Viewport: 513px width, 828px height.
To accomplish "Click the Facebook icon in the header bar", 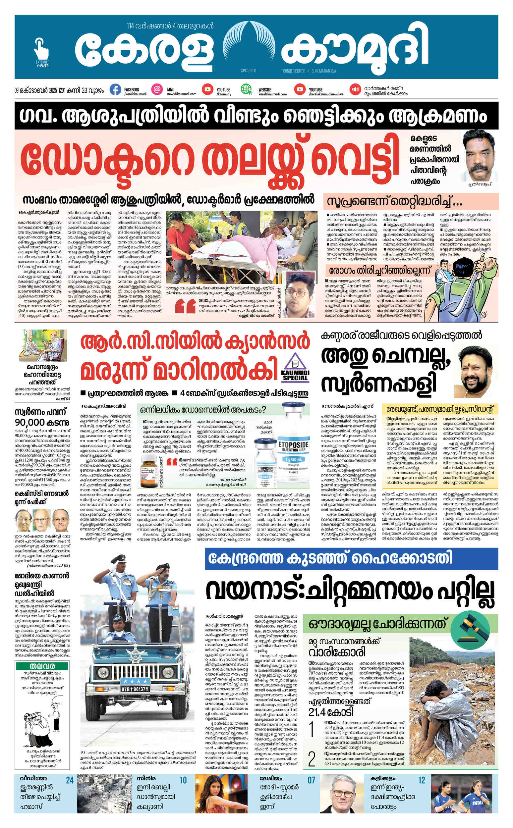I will [115, 90].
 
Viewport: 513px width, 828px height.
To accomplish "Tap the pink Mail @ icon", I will [157, 89].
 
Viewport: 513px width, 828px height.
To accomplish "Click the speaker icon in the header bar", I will [355, 89].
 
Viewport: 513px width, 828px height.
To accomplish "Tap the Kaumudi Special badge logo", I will [295, 366].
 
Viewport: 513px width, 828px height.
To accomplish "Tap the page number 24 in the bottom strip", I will [70, 780].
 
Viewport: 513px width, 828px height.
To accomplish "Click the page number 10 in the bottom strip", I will [183, 780].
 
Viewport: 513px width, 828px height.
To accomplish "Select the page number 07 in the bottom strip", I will [311, 780].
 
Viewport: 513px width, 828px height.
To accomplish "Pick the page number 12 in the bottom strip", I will [422, 780].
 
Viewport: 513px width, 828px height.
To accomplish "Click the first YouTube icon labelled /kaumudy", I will [207, 89].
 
